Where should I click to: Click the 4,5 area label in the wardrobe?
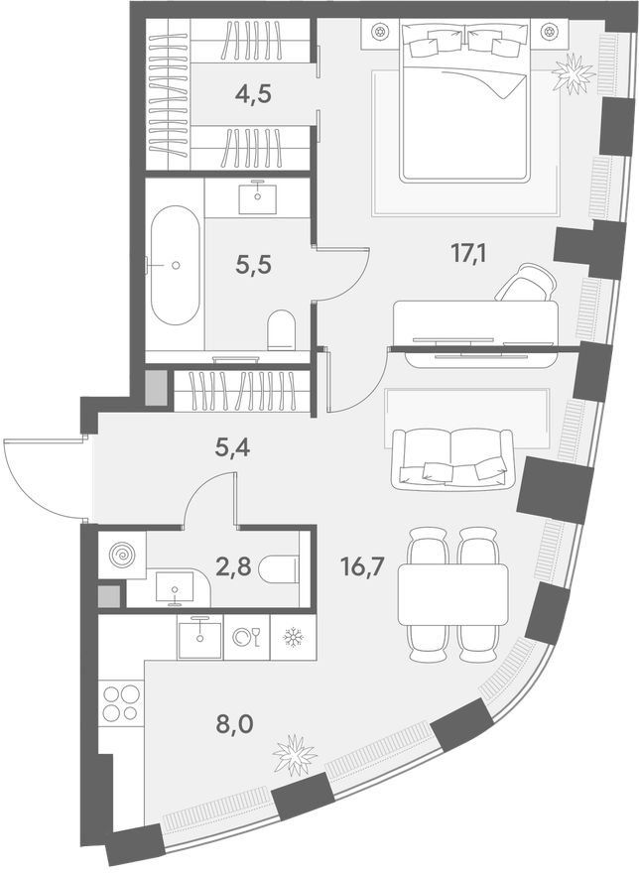point(253,93)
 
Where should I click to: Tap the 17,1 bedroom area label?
point(468,254)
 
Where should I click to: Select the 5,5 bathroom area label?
point(253,265)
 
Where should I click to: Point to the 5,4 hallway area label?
point(232,447)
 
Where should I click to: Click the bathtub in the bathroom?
point(176,265)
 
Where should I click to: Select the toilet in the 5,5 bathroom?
point(282,330)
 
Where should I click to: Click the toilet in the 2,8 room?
point(279,568)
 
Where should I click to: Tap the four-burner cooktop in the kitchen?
point(121,703)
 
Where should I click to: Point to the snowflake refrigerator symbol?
point(293,637)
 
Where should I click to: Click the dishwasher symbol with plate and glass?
point(246,637)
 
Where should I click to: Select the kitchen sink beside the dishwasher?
point(199,638)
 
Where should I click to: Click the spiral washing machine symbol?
point(122,556)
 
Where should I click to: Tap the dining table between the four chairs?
point(452,594)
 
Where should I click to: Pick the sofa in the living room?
point(451,459)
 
